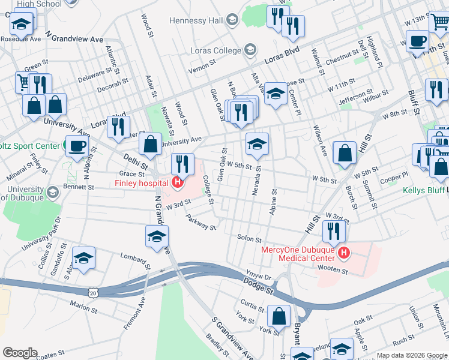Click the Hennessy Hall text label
click(x=196, y=20)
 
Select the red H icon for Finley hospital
click(x=176, y=182)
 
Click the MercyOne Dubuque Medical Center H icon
click(x=343, y=253)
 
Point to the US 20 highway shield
click(x=92, y=292)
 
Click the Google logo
click(x=20, y=353)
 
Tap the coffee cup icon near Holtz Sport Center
click(x=76, y=146)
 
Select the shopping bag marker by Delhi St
click(x=149, y=144)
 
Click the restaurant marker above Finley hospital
click(x=182, y=164)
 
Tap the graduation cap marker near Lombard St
click(x=83, y=258)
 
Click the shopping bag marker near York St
click(x=279, y=316)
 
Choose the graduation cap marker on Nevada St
click(x=257, y=144)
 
